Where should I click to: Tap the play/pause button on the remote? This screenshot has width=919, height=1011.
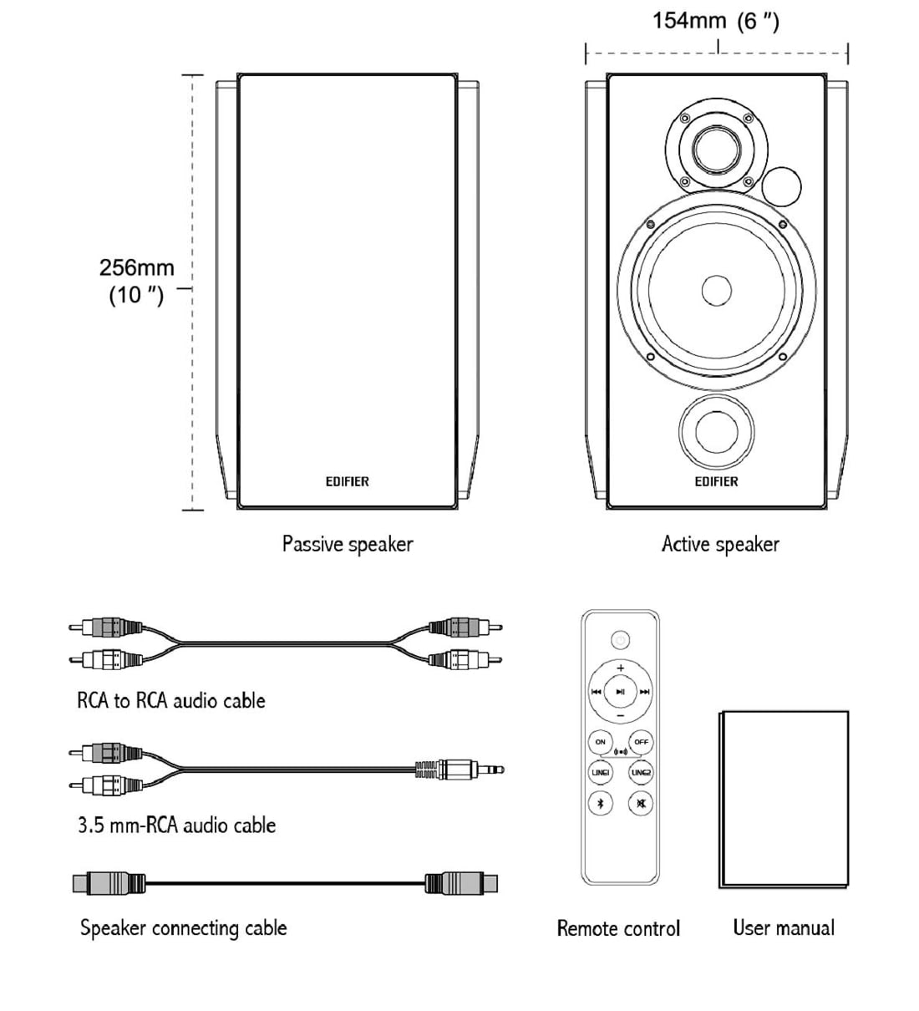[620, 692]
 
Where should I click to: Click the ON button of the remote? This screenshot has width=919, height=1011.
[600, 742]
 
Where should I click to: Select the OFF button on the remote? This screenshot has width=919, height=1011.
[641, 742]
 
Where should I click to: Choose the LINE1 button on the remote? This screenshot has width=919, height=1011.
[600, 773]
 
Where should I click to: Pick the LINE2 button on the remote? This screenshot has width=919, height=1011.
[641, 773]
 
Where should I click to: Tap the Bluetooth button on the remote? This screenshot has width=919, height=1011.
[600, 804]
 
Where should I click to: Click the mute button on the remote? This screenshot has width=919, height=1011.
[641, 804]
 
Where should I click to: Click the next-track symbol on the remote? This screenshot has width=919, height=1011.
[645, 692]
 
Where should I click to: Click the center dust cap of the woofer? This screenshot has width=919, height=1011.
[716, 291]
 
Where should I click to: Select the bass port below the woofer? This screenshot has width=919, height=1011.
[716, 433]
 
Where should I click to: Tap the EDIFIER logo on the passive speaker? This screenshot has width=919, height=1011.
[347, 481]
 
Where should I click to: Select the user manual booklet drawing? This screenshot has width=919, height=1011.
[784, 799]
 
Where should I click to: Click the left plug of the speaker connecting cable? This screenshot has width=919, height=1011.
[109, 882]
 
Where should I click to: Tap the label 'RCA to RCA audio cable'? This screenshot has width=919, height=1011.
[171, 700]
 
